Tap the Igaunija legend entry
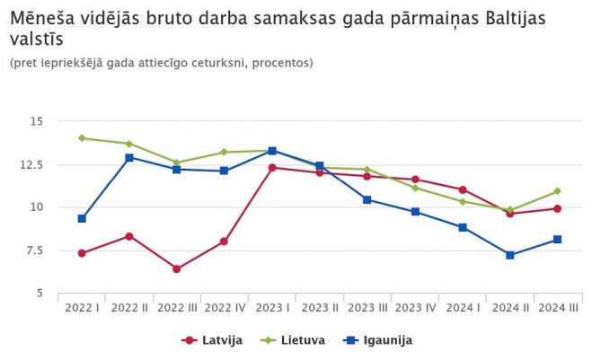coord(375,340)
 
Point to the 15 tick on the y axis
coord(37,121)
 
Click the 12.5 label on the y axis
coord(32,164)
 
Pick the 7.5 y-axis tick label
coord(35,250)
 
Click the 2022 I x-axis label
coord(82,308)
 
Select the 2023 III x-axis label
coord(367,308)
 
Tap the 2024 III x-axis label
coord(557,308)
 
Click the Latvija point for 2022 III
coord(177,269)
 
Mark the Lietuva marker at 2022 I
coord(82,138)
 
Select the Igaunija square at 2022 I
coord(82,218)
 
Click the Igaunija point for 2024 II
coord(509,255)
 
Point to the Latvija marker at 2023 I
coord(272,168)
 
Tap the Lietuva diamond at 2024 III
coord(557,191)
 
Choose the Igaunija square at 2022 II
coord(129,157)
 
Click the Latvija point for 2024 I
coord(462,189)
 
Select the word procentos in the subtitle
coord(280,63)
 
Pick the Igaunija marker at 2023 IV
coord(415,212)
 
